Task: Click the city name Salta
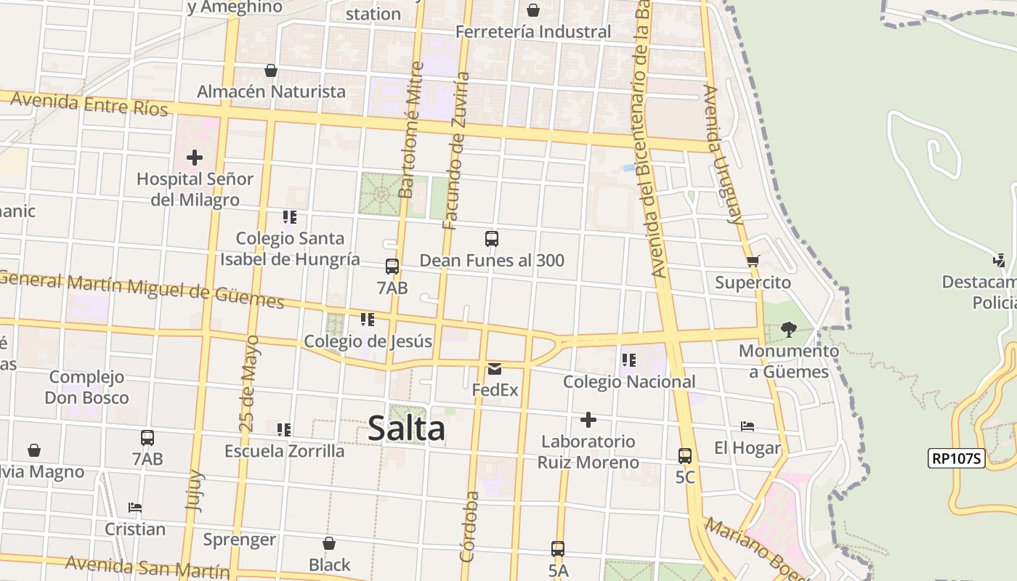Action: [x=406, y=428]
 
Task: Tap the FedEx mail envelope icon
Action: [x=495, y=369]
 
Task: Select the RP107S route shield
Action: [x=956, y=458]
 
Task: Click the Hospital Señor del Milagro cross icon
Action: [x=195, y=157]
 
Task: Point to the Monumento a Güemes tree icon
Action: [x=788, y=330]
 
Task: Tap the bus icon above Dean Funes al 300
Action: [x=492, y=239]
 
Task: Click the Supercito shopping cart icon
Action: [x=753, y=261]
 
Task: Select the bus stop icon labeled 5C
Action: [x=685, y=456]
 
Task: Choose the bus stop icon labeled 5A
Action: [x=558, y=549]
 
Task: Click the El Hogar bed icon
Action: [x=747, y=426]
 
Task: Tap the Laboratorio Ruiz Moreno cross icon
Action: [x=588, y=420]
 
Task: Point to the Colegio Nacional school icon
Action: [x=629, y=359]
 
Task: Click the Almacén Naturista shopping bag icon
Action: [x=271, y=70]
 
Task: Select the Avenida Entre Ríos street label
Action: [x=89, y=105]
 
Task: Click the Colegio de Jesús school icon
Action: [x=368, y=320]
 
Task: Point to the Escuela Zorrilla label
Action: [x=284, y=451]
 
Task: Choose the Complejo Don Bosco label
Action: [x=86, y=387]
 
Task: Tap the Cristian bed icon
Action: [x=135, y=507]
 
